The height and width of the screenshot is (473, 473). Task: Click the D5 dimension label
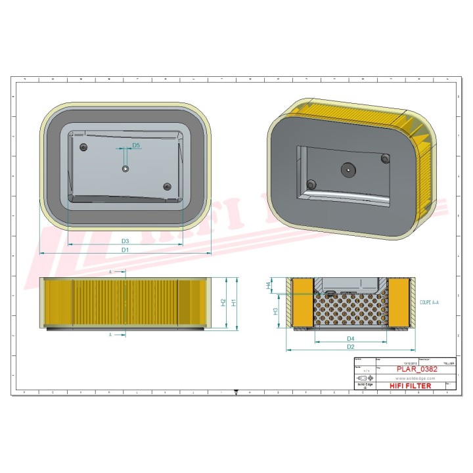[136, 145]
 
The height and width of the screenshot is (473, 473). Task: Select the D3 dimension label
[125, 242]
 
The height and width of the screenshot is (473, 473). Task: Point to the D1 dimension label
[125, 250]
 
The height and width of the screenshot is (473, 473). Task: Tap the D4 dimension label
[351, 339]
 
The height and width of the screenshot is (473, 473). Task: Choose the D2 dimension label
[351, 347]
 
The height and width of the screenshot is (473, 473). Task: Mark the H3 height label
[277, 311]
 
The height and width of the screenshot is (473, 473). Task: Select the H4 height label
[268, 286]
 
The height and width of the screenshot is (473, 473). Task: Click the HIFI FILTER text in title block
[411, 386]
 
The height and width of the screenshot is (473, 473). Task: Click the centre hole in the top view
[125, 169]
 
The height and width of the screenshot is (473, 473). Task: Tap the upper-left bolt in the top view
[83, 146]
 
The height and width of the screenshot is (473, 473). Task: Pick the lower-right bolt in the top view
[167, 187]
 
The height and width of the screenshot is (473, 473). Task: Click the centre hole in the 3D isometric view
[348, 169]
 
